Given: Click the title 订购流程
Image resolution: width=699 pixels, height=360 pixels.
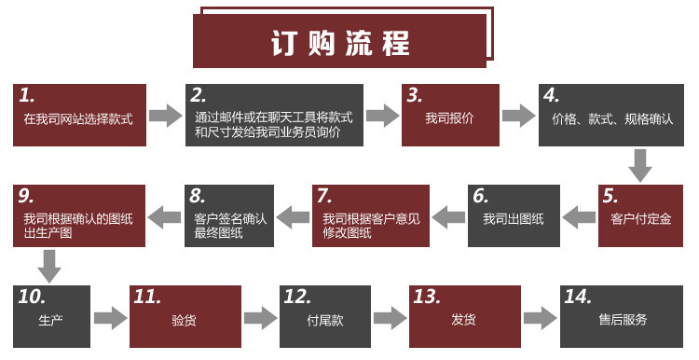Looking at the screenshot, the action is [340, 43].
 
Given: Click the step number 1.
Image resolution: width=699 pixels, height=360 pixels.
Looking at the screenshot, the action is [27, 95].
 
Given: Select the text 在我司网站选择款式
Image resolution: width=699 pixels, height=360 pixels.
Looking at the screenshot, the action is [78, 119].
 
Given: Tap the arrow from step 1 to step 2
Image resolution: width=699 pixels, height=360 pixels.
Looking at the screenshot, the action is [165, 116].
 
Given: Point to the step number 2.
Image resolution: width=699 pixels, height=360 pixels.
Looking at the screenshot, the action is [199, 95].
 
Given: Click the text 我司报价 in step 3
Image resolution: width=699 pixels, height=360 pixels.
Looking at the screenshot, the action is [449, 118].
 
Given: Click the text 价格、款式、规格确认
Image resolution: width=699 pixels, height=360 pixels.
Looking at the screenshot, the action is [612, 119].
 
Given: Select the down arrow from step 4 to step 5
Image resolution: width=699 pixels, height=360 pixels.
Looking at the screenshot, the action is [640, 165].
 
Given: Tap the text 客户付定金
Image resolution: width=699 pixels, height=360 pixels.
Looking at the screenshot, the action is [641, 219].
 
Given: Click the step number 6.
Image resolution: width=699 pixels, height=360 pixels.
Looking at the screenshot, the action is [481, 196].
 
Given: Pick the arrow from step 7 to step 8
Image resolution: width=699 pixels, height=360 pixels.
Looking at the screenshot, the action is [293, 217].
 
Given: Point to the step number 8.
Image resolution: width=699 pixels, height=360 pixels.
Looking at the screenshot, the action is [198, 196].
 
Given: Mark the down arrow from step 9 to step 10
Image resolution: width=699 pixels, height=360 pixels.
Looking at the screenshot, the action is [49, 266].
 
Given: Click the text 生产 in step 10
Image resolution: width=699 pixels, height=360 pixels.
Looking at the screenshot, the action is [51, 320].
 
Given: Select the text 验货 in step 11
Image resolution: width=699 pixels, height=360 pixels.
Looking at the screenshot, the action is [185, 320].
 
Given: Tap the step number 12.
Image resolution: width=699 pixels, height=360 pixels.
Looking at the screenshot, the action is [297, 298].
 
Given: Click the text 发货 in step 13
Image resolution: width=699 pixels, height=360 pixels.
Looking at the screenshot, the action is [463, 319].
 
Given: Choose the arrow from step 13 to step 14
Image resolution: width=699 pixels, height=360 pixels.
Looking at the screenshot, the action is [540, 318].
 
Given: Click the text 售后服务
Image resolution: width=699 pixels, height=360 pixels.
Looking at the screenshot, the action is [623, 319].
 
